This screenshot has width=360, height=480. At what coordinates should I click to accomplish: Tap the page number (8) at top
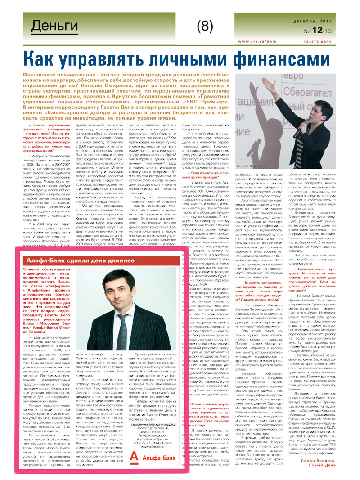pos(204,27)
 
